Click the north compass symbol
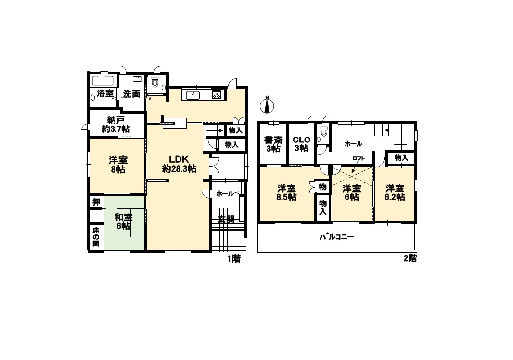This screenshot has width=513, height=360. (x=267, y=105)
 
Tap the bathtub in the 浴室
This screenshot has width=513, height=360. (x=103, y=80)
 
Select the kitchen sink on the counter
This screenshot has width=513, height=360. (x=193, y=95)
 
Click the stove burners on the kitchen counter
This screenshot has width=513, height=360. (x=217, y=95)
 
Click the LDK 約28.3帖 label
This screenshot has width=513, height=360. (x=179, y=164)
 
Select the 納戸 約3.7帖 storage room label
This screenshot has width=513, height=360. (x=115, y=124)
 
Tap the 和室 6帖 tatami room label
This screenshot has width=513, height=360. (x=123, y=221)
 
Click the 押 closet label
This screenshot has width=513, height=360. (x=96, y=202)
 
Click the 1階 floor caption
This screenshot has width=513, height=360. (x=234, y=259)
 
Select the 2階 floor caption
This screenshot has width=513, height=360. (x=410, y=258)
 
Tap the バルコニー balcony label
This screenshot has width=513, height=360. (x=337, y=237)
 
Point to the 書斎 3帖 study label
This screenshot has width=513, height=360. (x=273, y=144)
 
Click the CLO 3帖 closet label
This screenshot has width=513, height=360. (x=301, y=144)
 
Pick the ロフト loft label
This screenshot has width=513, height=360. (x=358, y=158)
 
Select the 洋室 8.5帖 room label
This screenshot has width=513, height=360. (x=287, y=193)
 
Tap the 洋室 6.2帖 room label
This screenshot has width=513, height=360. (x=395, y=193)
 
